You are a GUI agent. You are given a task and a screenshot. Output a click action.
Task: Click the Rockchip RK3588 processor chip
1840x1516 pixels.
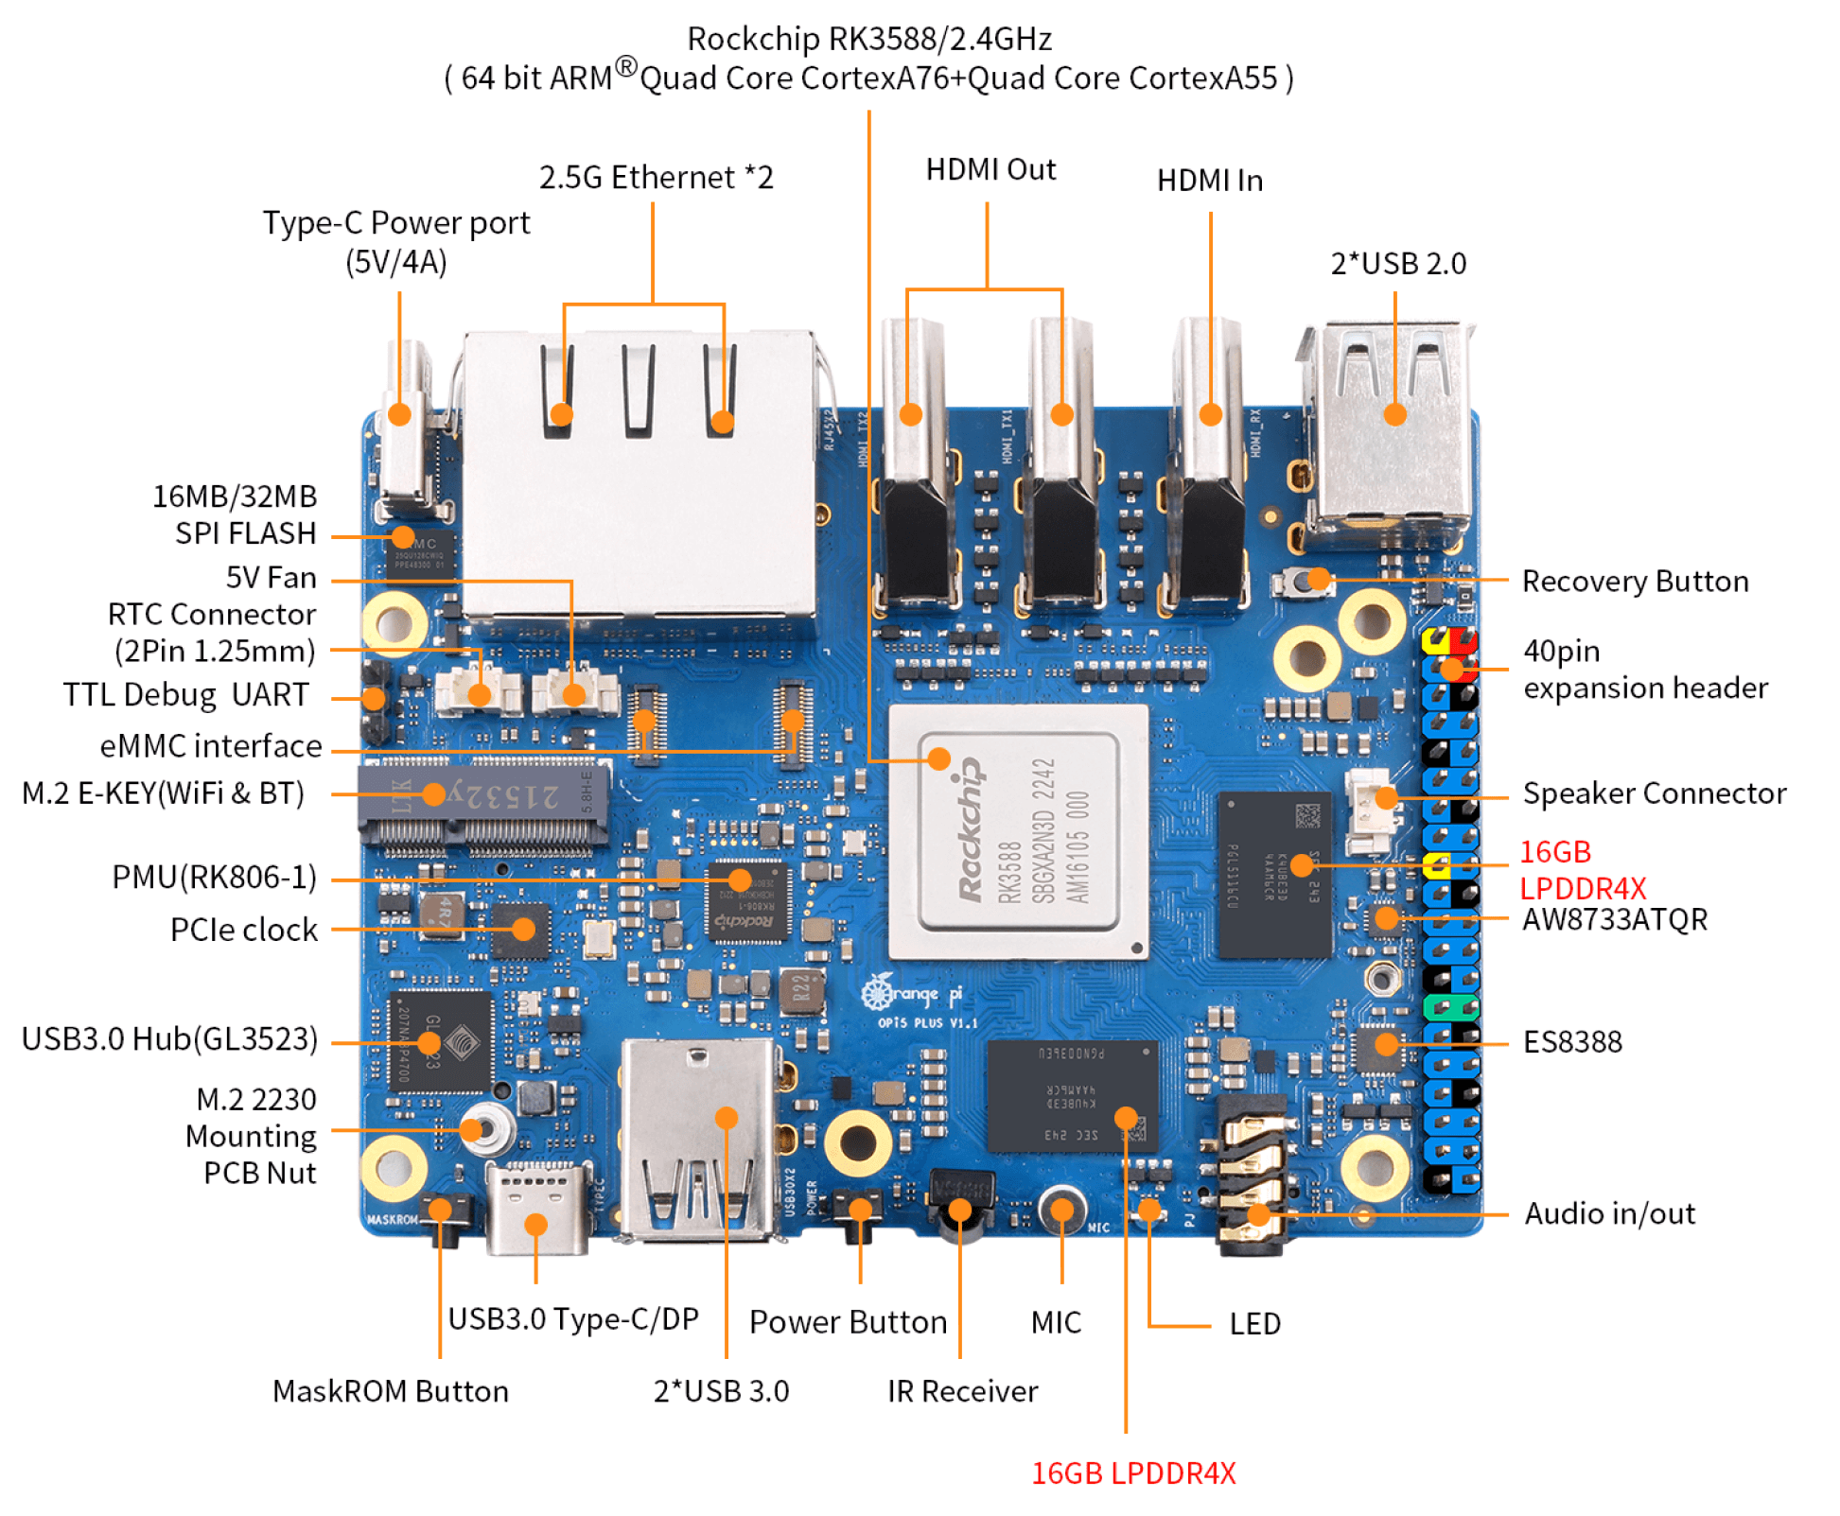(1018, 830)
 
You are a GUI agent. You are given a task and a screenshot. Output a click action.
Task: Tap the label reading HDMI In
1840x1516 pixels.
(1209, 181)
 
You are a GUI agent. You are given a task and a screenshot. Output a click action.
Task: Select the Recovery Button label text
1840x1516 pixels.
(1634, 581)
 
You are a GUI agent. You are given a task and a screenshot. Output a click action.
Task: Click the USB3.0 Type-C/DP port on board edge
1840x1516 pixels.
(536, 1211)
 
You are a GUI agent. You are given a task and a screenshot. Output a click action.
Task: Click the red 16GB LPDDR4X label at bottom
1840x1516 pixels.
(1132, 1472)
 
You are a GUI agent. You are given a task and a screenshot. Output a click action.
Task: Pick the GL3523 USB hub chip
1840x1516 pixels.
(441, 1041)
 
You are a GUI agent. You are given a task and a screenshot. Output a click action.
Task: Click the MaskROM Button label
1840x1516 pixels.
(390, 1391)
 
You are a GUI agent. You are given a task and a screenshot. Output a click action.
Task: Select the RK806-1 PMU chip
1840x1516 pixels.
(748, 899)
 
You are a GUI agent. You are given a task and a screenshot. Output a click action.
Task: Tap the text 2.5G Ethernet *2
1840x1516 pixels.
(656, 178)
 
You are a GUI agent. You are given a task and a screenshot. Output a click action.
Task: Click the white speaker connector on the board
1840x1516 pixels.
(1369, 800)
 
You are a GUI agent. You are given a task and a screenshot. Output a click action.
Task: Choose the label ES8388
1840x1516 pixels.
(1571, 1042)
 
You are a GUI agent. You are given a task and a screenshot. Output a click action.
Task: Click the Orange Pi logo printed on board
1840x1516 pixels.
(912, 996)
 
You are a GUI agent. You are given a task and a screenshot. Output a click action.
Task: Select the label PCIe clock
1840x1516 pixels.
(243, 930)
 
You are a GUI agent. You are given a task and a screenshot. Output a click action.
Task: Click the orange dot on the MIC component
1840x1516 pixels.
(1062, 1210)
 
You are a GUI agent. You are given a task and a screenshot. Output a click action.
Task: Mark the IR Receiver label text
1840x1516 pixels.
(961, 1391)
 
